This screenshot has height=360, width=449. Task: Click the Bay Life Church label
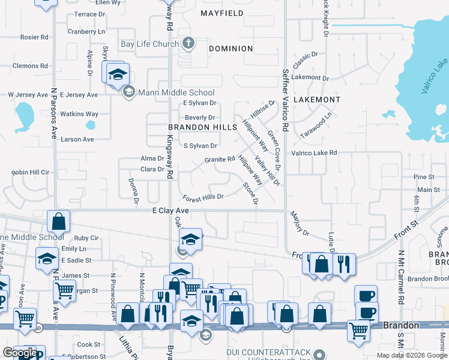pos(149,44)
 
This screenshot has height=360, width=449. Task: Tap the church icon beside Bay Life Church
pos(188,43)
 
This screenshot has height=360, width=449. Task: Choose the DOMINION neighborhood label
pos(231,49)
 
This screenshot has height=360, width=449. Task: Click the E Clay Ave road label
pos(171,211)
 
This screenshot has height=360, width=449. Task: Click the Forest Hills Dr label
pos(203,197)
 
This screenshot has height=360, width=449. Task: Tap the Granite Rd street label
pos(219,160)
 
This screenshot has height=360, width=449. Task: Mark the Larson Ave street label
pos(77,139)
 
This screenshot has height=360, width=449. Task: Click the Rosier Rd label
pos(34,37)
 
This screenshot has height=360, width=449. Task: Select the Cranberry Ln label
pos(86,31)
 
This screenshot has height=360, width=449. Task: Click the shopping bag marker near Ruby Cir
pos(59,221)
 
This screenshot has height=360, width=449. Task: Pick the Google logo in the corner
pos(20,353)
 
